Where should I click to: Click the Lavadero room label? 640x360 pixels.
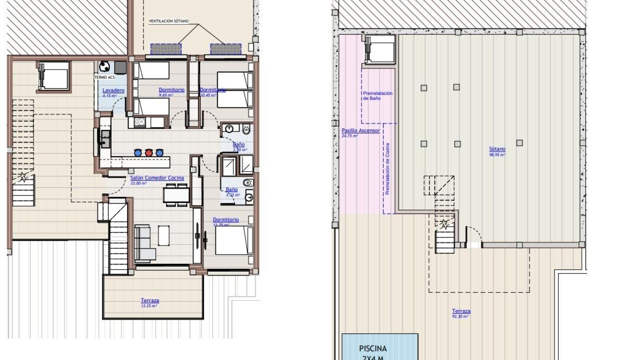113,90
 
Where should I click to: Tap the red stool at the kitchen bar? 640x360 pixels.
149,153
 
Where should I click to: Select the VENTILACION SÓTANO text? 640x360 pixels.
169,21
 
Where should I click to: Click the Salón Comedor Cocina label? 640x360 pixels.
157,178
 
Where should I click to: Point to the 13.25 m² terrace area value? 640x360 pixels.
149,305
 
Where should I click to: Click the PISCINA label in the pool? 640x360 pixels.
373,349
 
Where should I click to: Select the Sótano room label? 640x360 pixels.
497,149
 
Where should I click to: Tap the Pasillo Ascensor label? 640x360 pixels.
361,131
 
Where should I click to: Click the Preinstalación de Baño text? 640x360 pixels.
378,96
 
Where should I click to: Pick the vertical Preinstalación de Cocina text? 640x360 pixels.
387,169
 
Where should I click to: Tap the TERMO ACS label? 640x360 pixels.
105,77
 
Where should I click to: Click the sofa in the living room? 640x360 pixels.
144,242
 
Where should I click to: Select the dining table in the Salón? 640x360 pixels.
176,195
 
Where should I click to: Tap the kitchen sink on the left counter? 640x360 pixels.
105,139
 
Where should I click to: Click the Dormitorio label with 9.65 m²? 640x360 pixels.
171,90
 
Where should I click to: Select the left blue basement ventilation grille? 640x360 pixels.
166,49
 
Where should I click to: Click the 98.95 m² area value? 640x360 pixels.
497,155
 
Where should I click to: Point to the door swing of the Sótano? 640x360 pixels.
474,236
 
